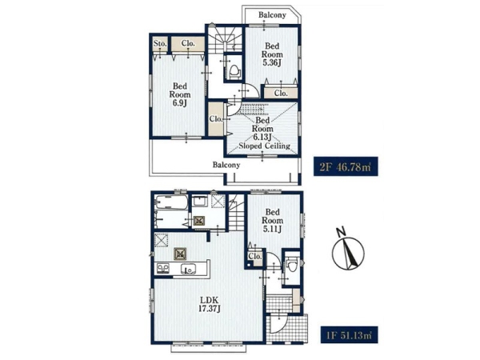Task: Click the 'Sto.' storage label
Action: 160,43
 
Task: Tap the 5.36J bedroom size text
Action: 272,63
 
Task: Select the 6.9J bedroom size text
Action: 180,103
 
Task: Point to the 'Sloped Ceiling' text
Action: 265,146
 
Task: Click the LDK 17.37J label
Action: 210,304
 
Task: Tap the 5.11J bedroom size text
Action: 273,229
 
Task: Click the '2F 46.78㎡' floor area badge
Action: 346,166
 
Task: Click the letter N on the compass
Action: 340,232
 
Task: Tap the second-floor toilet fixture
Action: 234,72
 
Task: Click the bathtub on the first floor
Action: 171,202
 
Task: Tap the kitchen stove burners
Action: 163,269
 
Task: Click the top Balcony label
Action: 272,14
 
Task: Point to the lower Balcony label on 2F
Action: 226,165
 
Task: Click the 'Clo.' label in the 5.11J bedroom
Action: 255,256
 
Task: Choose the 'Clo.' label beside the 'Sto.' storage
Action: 188,43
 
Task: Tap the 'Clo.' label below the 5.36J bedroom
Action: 281,93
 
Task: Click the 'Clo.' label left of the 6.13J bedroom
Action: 216,118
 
